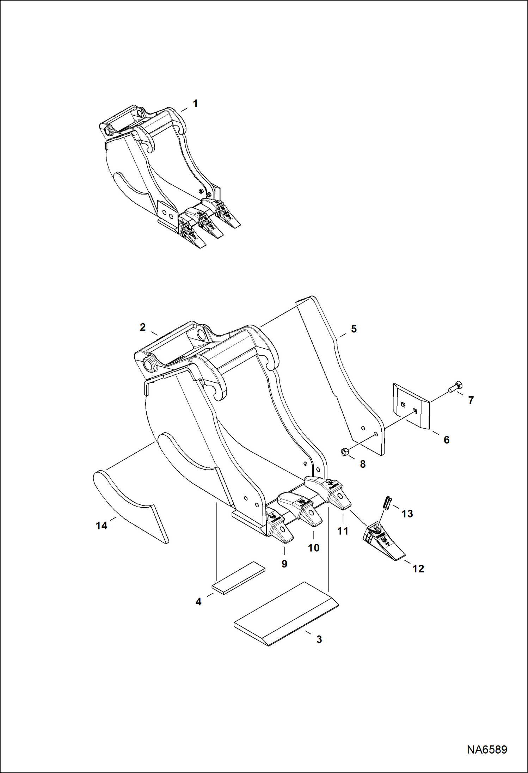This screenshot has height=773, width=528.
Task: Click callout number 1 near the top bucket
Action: pos(195,104)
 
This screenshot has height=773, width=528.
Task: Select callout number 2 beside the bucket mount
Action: pos(142,327)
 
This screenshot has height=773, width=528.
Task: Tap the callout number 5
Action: pos(354,329)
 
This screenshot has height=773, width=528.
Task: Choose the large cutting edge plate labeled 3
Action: pos(286,614)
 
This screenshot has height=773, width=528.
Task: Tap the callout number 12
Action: pos(418,569)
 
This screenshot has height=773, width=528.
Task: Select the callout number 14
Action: pos(102,526)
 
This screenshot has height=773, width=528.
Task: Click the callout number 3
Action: pos(319,639)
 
